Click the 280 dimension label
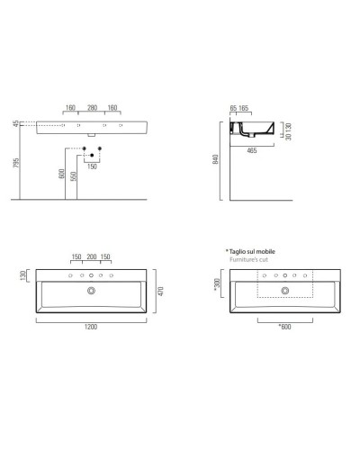coord(92,109)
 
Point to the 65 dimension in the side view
coord(233,109)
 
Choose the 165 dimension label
coord(245,109)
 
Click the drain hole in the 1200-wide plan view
coord(92,291)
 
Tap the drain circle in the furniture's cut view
coord(285,291)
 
